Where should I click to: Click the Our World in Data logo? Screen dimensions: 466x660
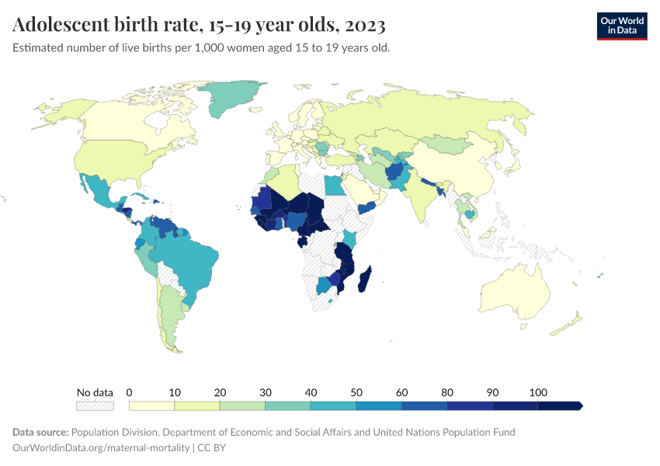click(621, 26)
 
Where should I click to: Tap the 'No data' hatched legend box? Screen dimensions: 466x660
click(95, 405)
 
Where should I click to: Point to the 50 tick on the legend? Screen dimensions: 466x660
click(356, 392)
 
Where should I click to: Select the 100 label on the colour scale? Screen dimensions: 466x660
click(538, 392)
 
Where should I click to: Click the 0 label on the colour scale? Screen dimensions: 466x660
click(129, 392)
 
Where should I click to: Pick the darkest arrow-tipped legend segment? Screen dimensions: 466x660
click(560, 405)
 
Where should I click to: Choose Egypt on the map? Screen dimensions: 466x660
click(332, 186)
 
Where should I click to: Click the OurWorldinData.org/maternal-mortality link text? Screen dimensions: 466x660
click(101, 447)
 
